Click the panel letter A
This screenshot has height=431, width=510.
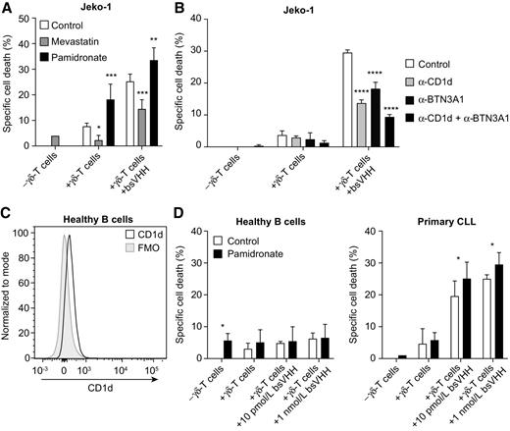pos(8,8)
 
